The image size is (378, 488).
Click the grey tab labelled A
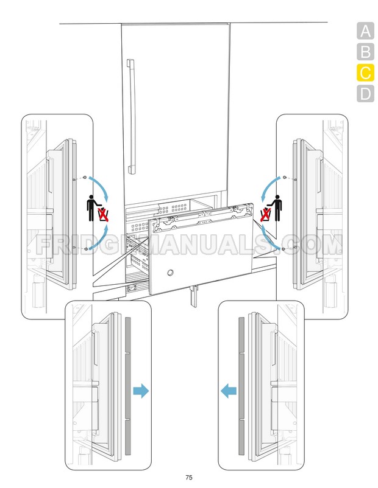click(365, 31)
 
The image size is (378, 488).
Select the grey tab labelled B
click(365, 52)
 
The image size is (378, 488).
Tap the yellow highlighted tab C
click(365, 73)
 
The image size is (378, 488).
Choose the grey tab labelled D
click(365, 94)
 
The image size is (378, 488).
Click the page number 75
click(189, 477)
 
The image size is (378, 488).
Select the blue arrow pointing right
click(140, 391)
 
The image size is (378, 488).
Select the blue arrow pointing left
click(229, 391)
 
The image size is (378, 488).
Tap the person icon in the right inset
click(278, 207)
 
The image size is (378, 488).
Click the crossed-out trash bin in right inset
click(266, 214)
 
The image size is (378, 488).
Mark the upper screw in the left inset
click(84, 178)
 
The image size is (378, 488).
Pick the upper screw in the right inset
click(285, 177)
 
